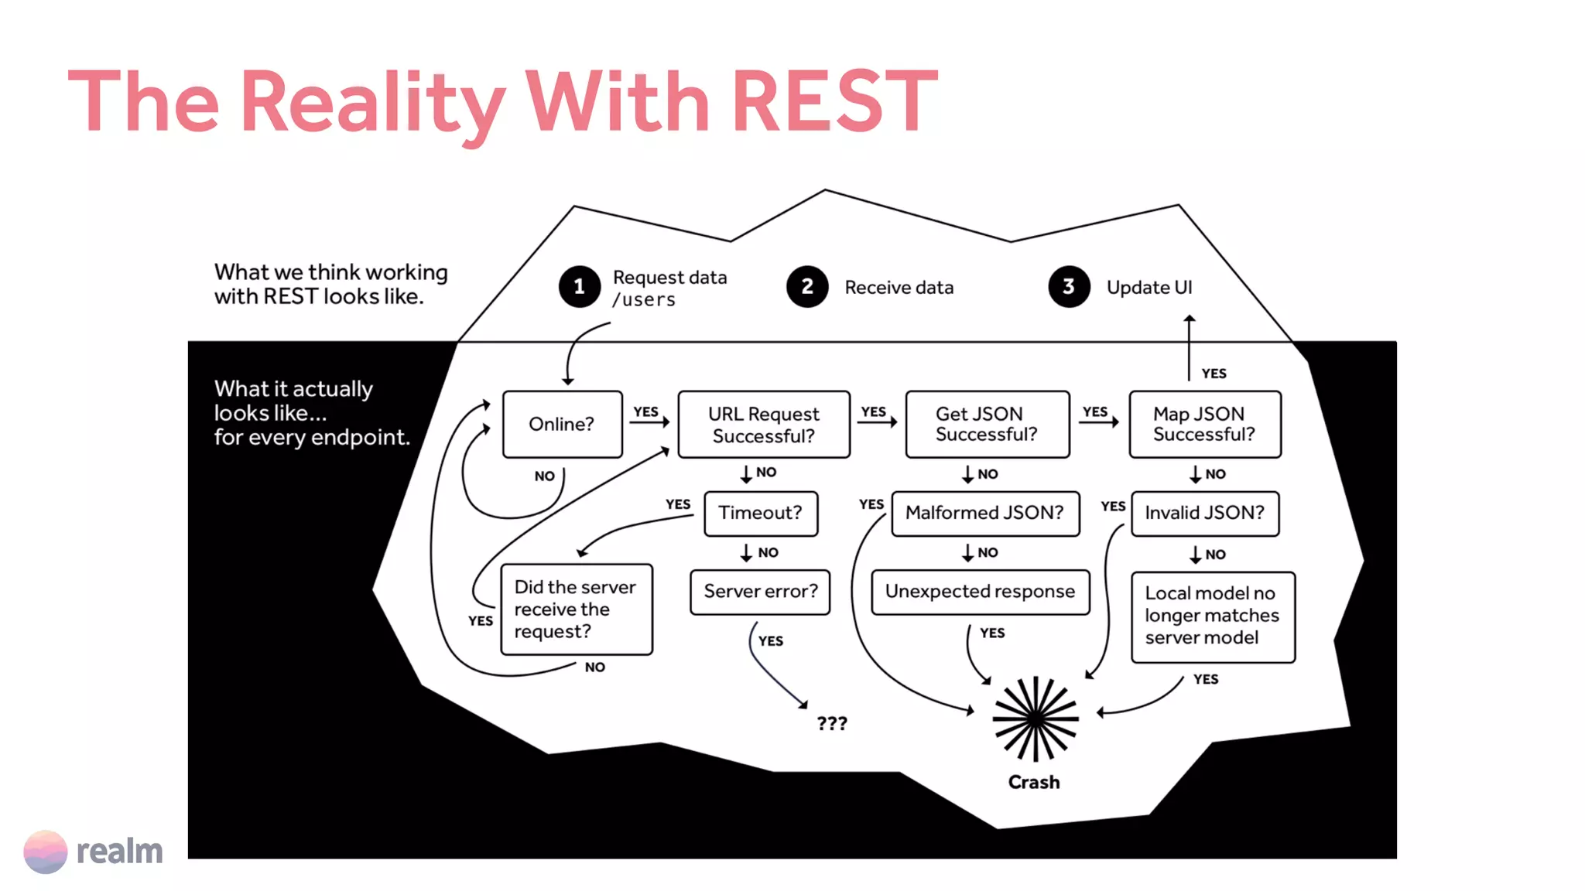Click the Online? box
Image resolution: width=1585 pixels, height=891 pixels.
[562, 424]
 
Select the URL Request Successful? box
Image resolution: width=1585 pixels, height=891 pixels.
[763, 425]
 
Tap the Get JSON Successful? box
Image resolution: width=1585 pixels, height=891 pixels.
[987, 424]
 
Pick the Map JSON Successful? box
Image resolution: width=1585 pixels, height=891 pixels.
[1204, 424]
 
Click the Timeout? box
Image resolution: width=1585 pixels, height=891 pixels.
[760, 513]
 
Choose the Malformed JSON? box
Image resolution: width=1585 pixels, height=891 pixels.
[984, 513]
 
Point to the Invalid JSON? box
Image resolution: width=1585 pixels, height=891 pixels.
[1204, 513]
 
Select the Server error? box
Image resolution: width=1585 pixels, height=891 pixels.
[760, 592]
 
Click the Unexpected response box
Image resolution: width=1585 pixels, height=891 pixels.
[980, 592]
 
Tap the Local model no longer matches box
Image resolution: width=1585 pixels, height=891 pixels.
[1212, 616]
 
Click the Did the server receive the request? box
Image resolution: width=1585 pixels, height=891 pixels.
[576, 609]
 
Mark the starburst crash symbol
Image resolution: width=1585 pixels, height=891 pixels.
[1035, 719]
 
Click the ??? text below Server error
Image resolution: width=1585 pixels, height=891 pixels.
[832, 724]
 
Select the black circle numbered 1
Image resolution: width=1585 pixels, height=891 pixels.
[579, 287]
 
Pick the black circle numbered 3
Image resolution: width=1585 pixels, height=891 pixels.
[1069, 287]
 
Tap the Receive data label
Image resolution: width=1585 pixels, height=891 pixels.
[899, 288]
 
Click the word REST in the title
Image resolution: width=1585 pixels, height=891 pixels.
[834, 101]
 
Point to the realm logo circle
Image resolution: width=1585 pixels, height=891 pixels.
[45, 852]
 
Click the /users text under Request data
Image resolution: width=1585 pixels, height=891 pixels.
[644, 300]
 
